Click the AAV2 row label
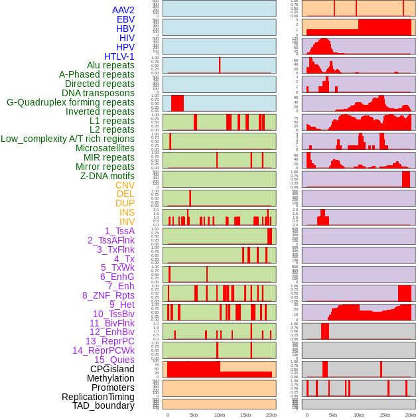pyautogui.click(x=123, y=10)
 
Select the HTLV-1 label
pyautogui.click(x=119, y=56)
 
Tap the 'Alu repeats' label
pyautogui.click(x=111, y=66)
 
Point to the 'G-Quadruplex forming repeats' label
pyautogui.click(x=70, y=102)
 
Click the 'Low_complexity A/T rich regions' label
pyautogui.click(x=68, y=139)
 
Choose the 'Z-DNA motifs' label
pyautogui.click(x=107, y=176)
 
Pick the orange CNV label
pyautogui.click(x=125, y=185)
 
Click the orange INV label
pyautogui.click(x=127, y=222)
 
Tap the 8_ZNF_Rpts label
pyautogui.click(x=108, y=295)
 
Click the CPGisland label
pyautogui.click(x=112, y=369)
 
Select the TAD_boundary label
pyautogui.click(x=104, y=405)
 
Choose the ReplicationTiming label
pyautogui.click(x=98, y=397)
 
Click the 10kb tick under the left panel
pyautogui.click(x=220, y=415)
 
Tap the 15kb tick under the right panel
pyautogui.click(x=385, y=415)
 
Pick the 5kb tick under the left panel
pyautogui.click(x=194, y=415)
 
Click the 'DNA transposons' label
pyautogui.click(x=98, y=93)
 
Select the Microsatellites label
pyautogui.click(x=105, y=148)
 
